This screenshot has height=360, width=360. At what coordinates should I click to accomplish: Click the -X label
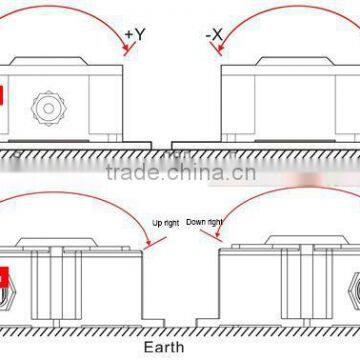tap(213, 36)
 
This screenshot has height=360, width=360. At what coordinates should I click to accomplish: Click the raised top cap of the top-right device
tap(300, 61)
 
